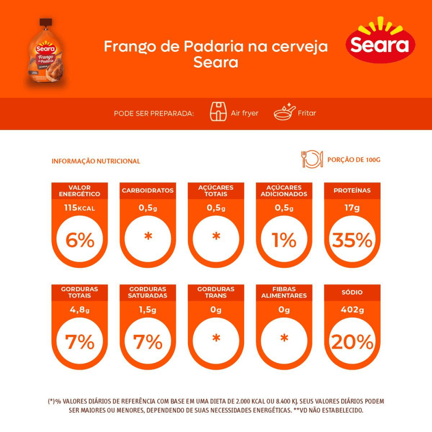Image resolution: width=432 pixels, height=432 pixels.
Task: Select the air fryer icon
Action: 217,113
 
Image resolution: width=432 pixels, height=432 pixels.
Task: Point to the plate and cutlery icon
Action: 312,159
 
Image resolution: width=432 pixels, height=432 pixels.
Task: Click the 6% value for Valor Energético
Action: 80,239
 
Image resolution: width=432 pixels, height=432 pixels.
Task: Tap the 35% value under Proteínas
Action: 352,239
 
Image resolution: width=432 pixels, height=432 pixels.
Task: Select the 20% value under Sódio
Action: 352,341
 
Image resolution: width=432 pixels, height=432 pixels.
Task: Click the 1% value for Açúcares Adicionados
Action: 284,239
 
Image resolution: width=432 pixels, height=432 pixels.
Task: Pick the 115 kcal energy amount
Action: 80,208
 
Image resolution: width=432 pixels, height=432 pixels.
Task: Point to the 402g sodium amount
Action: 352,310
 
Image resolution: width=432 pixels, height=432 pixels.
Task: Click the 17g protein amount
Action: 352,208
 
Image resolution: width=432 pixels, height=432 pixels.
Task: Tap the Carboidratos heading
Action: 148,191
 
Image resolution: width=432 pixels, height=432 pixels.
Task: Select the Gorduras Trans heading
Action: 216,292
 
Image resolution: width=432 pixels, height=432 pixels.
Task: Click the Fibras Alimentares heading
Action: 284,292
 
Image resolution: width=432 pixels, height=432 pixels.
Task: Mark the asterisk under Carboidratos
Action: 148,238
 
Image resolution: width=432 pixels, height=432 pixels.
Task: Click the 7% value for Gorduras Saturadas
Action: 148,341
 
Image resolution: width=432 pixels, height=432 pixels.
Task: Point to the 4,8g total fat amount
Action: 80,310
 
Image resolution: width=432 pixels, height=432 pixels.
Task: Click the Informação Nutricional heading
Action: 96,161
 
